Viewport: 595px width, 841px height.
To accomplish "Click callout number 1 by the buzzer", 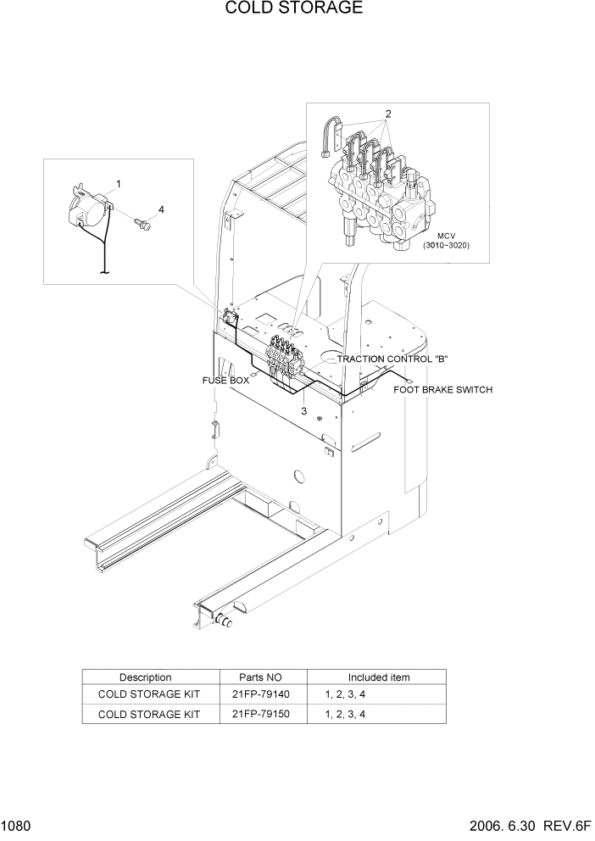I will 119,183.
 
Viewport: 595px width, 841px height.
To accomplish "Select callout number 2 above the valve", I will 387,114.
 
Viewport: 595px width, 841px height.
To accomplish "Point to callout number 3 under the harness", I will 304,411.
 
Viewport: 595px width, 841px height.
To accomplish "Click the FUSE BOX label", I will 225,381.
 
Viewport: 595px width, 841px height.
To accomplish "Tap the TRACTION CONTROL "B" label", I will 392,359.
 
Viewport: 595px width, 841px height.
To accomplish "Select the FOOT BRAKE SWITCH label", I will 442,390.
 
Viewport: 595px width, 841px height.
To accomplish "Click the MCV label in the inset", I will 447,236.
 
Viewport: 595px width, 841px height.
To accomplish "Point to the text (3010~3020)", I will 446,246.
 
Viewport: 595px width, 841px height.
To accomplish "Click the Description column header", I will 145,677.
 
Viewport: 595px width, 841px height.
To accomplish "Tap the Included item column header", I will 379,677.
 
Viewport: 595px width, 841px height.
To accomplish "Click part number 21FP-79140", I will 262,694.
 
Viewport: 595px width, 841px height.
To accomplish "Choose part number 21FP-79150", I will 262,714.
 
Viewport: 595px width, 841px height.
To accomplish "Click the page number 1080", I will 17,826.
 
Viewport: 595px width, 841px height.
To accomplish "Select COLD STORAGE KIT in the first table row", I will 149,694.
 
